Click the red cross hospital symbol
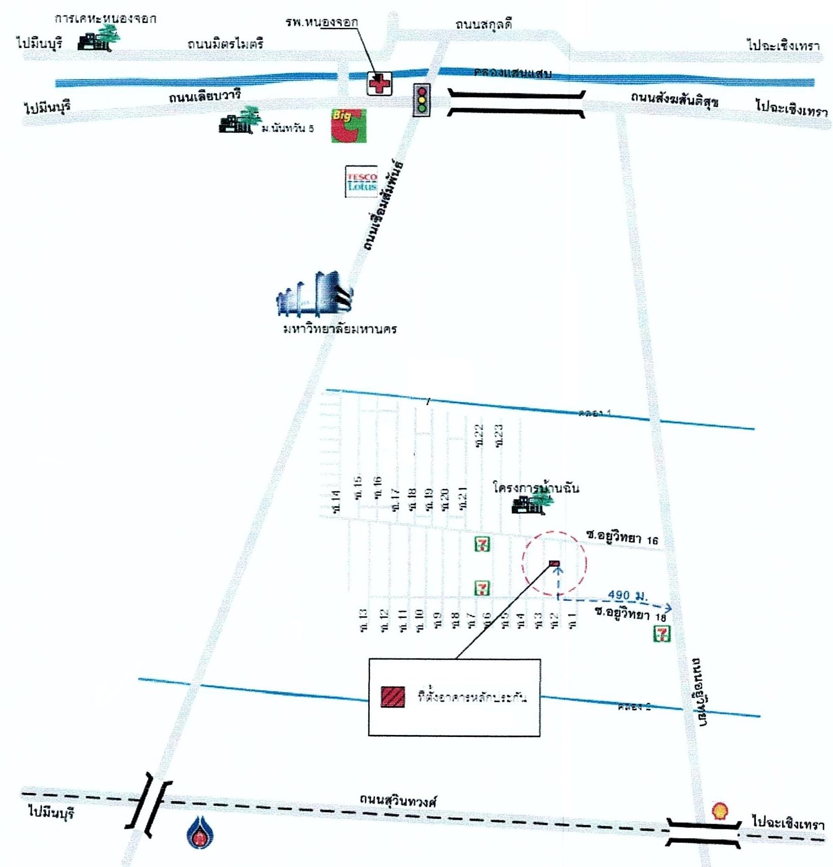click(x=379, y=84)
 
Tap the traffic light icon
click(x=422, y=100)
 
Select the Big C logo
click(x=348, y=126)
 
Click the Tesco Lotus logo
click(x=361, y=181)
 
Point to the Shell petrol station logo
click(x=720, y=810)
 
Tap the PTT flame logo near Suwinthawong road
click(x=200, y=832)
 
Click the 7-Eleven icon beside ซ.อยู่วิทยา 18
click(x=661, y=634)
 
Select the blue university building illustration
click(x=315, y=294)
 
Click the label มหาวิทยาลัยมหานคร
click(x=340, y=329)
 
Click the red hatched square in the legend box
click(x=393, y=697)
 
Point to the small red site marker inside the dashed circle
click(x=554, y=563)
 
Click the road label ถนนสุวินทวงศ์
click(x=398, y=801)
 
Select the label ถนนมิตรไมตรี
click(x=225, y=44)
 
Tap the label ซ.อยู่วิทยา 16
click(x=622, y=537)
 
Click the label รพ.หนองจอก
click(x=322, y=22)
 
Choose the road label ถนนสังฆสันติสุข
click(x=674, y=99)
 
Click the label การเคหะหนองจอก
click(x=105, y=19)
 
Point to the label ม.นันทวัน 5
click(x=288, y=128)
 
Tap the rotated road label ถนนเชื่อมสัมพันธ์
click(x=384, y=206)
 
